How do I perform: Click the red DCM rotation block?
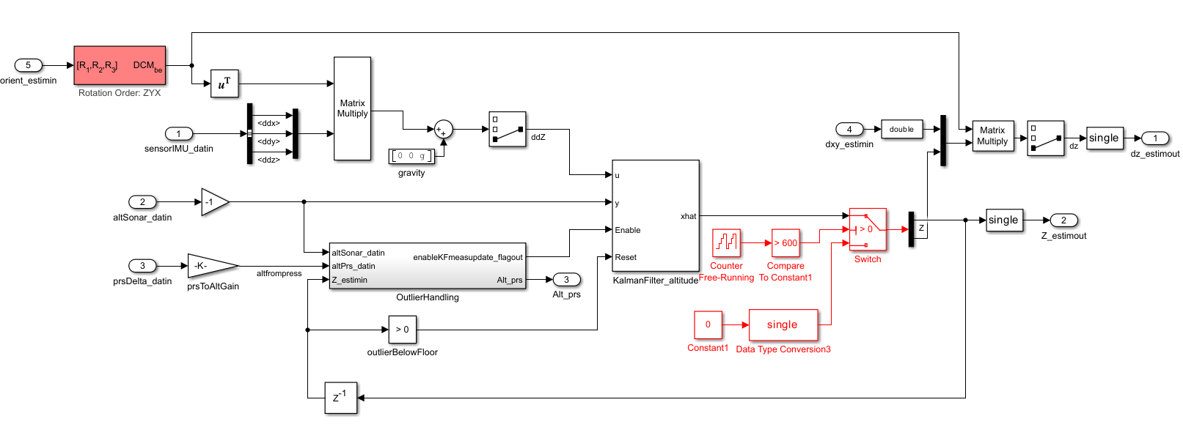(120, 65)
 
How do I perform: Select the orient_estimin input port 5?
(29, 65)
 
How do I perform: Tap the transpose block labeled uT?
(224, 83)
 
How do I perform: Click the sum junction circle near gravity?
(443, 130)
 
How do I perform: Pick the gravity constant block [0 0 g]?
(411, 156)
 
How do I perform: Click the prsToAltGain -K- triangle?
(211, 266)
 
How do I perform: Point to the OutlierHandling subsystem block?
(428, 266)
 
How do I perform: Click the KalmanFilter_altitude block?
(656, 216)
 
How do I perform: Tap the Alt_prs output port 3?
(566, 280)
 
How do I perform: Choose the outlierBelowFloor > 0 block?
(403, 330)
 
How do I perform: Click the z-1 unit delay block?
(340, 398)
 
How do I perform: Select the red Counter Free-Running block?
(726, 242)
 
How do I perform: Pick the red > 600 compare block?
(785, 242)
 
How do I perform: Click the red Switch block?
(868, 229)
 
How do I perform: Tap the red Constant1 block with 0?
(708, 324)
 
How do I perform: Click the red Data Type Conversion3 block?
(783, 324)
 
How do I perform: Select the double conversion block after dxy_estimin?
(901, 130)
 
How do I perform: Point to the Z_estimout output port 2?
(1063, 220)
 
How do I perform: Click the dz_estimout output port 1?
(1155, 138)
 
